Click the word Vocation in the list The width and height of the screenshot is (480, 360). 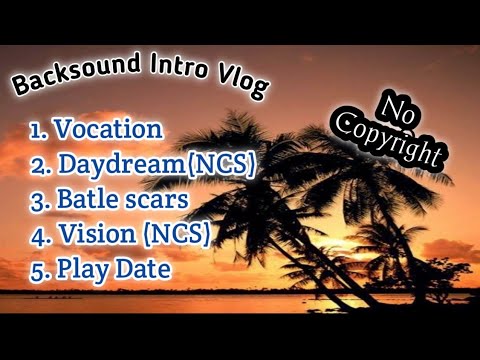click(x=108, y=129)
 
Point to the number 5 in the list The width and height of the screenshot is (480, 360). click(x=37, y=269)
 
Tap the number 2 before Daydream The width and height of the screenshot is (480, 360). click(x=37, y=164)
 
